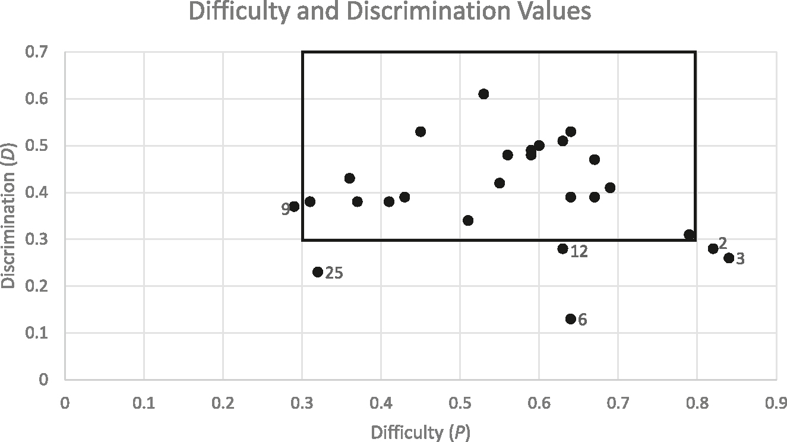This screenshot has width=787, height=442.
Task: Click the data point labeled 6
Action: (x=570, y=319)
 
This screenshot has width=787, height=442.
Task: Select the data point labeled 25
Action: (x=318, y=272)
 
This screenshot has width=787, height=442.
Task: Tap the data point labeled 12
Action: (x=562, y=249)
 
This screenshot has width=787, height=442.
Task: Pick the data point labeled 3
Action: (x=729, y=258)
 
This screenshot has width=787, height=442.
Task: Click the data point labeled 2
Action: (x=713, y=248)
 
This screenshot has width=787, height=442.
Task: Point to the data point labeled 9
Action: (x=294, y=206)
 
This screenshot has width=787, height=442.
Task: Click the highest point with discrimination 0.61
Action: (x=483, y=94)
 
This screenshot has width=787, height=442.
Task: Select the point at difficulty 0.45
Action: (x=421, y=131)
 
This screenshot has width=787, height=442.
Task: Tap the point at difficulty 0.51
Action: (x=468, y=220)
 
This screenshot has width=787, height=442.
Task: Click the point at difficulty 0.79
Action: (x=689, y=235)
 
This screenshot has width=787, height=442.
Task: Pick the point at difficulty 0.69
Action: (x=610, y=188)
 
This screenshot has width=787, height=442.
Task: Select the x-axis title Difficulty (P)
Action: (x=421, y=432)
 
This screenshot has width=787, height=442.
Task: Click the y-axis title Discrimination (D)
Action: (x=8, y=216)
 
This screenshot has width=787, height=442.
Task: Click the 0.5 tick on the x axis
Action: (x=460, y=403)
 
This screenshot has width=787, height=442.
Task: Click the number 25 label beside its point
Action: (x=334, y=274)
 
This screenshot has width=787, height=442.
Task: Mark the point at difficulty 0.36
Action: (x=349, y=178)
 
